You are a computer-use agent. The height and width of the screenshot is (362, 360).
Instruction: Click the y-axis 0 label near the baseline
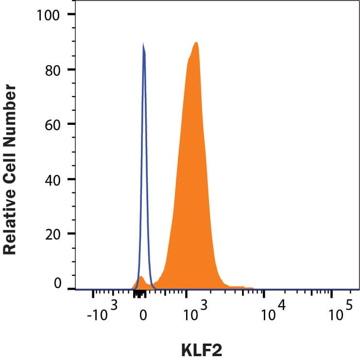click(57, 283)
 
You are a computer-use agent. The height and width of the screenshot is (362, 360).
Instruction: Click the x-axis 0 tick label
click(143, 315)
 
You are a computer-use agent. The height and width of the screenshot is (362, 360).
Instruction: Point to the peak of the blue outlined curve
click(143, 45)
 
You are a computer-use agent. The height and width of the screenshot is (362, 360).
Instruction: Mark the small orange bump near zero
click(141, 279)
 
